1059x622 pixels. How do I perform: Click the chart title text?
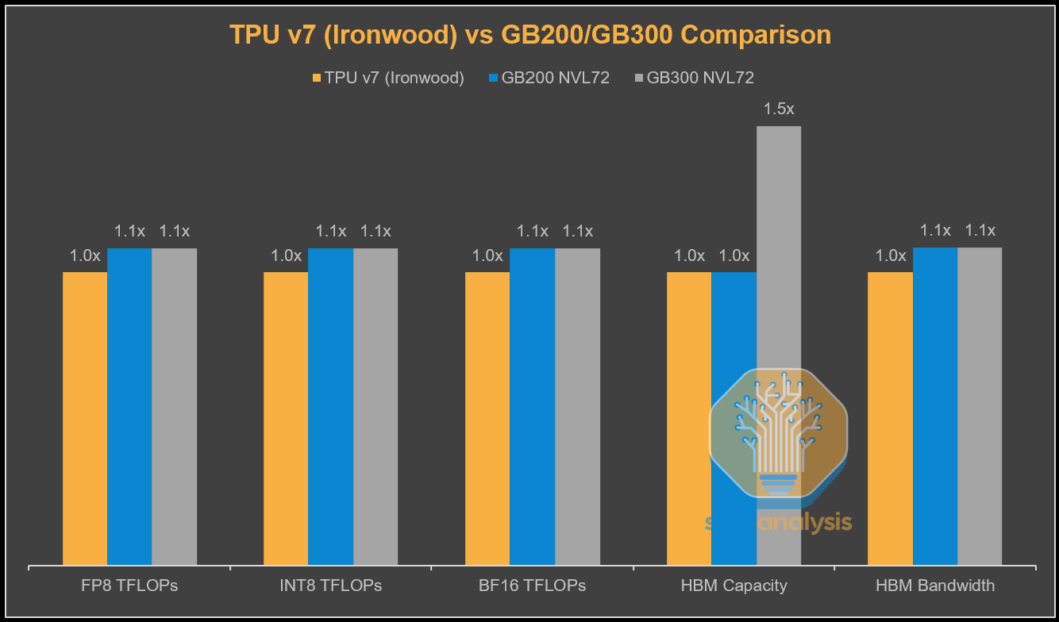[529, 35]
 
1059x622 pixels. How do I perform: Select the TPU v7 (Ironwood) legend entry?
[388, 78]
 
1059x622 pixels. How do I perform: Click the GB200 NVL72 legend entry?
[549, 78]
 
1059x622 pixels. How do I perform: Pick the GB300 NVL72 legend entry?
[694, 78]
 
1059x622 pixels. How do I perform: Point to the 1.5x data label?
[779, 109]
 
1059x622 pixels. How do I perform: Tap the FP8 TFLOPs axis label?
[129, 586]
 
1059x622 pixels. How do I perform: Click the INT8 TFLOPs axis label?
[331, 586]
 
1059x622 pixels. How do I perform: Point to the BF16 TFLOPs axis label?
[533, 586]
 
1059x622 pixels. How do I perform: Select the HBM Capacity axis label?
[734, 586]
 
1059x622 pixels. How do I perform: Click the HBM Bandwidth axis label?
[935, 586]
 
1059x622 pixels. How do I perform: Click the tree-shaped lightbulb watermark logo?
[778, 432]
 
